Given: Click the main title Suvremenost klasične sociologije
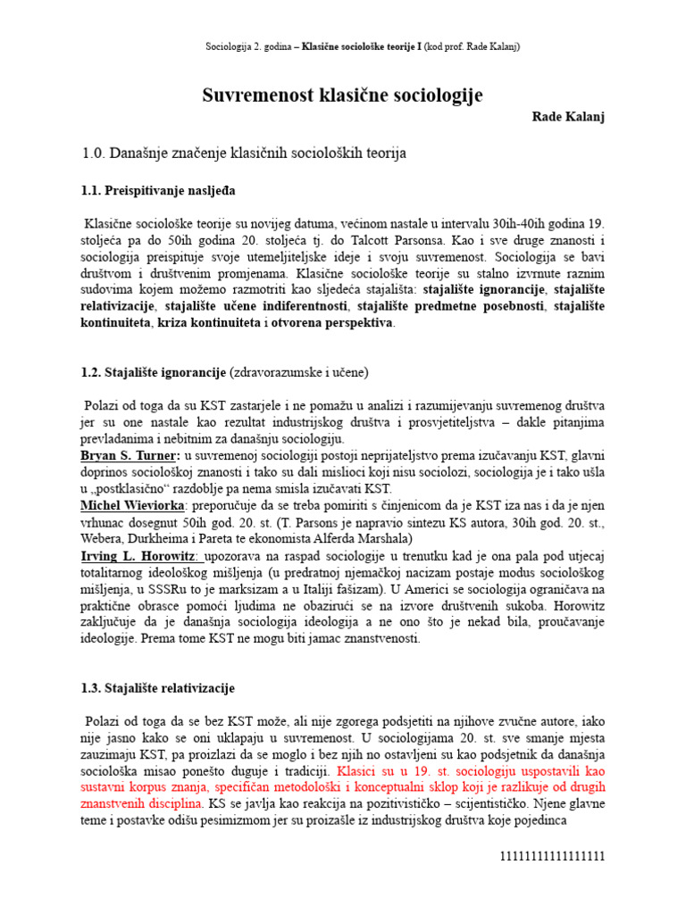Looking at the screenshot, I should click(x=343, y=95).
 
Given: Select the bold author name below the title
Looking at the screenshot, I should click(x=568, y=118).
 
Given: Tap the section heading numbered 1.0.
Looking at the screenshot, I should click(x=244, y=154).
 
